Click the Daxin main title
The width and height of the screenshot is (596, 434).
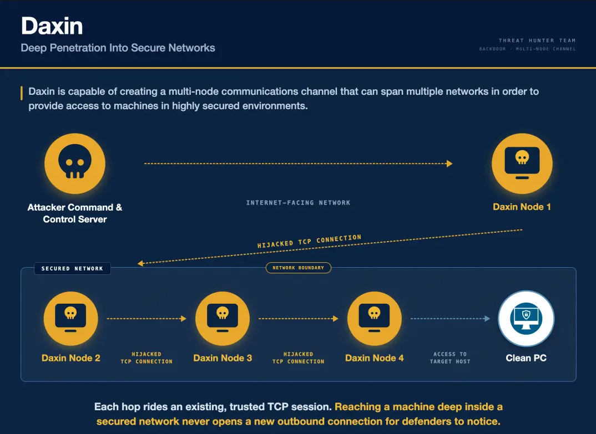(x=52, y=26)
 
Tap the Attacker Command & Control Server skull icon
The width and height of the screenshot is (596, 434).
(x=75, y=164)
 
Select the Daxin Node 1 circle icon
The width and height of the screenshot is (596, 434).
(x=522, y=164)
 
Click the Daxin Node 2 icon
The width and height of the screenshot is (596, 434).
(x=70, y=319)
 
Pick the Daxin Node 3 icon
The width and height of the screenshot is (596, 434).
(x=223, y=319)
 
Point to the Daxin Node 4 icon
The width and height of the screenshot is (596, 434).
(x=375, y=319)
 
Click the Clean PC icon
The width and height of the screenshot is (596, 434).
(x=526, y=319)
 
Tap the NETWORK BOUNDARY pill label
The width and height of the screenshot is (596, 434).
(x=299, y=268)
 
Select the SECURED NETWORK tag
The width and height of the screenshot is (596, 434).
(x=72, y=268)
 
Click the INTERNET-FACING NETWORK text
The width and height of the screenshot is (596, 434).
(x=299, y=203)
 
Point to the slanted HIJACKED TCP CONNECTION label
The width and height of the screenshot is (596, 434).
(x=309, y=241)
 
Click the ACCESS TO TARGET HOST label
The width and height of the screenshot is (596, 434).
(x=450, y=358)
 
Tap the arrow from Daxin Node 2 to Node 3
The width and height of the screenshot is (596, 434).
(x=147, y=319)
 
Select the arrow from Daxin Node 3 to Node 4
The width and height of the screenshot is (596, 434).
(x=299, y=319)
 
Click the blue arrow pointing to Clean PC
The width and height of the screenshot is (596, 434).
(x=450, y=319)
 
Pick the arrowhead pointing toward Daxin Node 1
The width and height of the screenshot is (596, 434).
(x=449, y=164)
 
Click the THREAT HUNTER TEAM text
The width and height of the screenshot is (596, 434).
(x=537, y=40)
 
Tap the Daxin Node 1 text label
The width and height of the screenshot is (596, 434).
(x=522, y=207)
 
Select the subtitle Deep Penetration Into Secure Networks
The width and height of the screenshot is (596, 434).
(x=118, y=48)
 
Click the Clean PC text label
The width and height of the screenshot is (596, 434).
(x=526, y=358)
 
